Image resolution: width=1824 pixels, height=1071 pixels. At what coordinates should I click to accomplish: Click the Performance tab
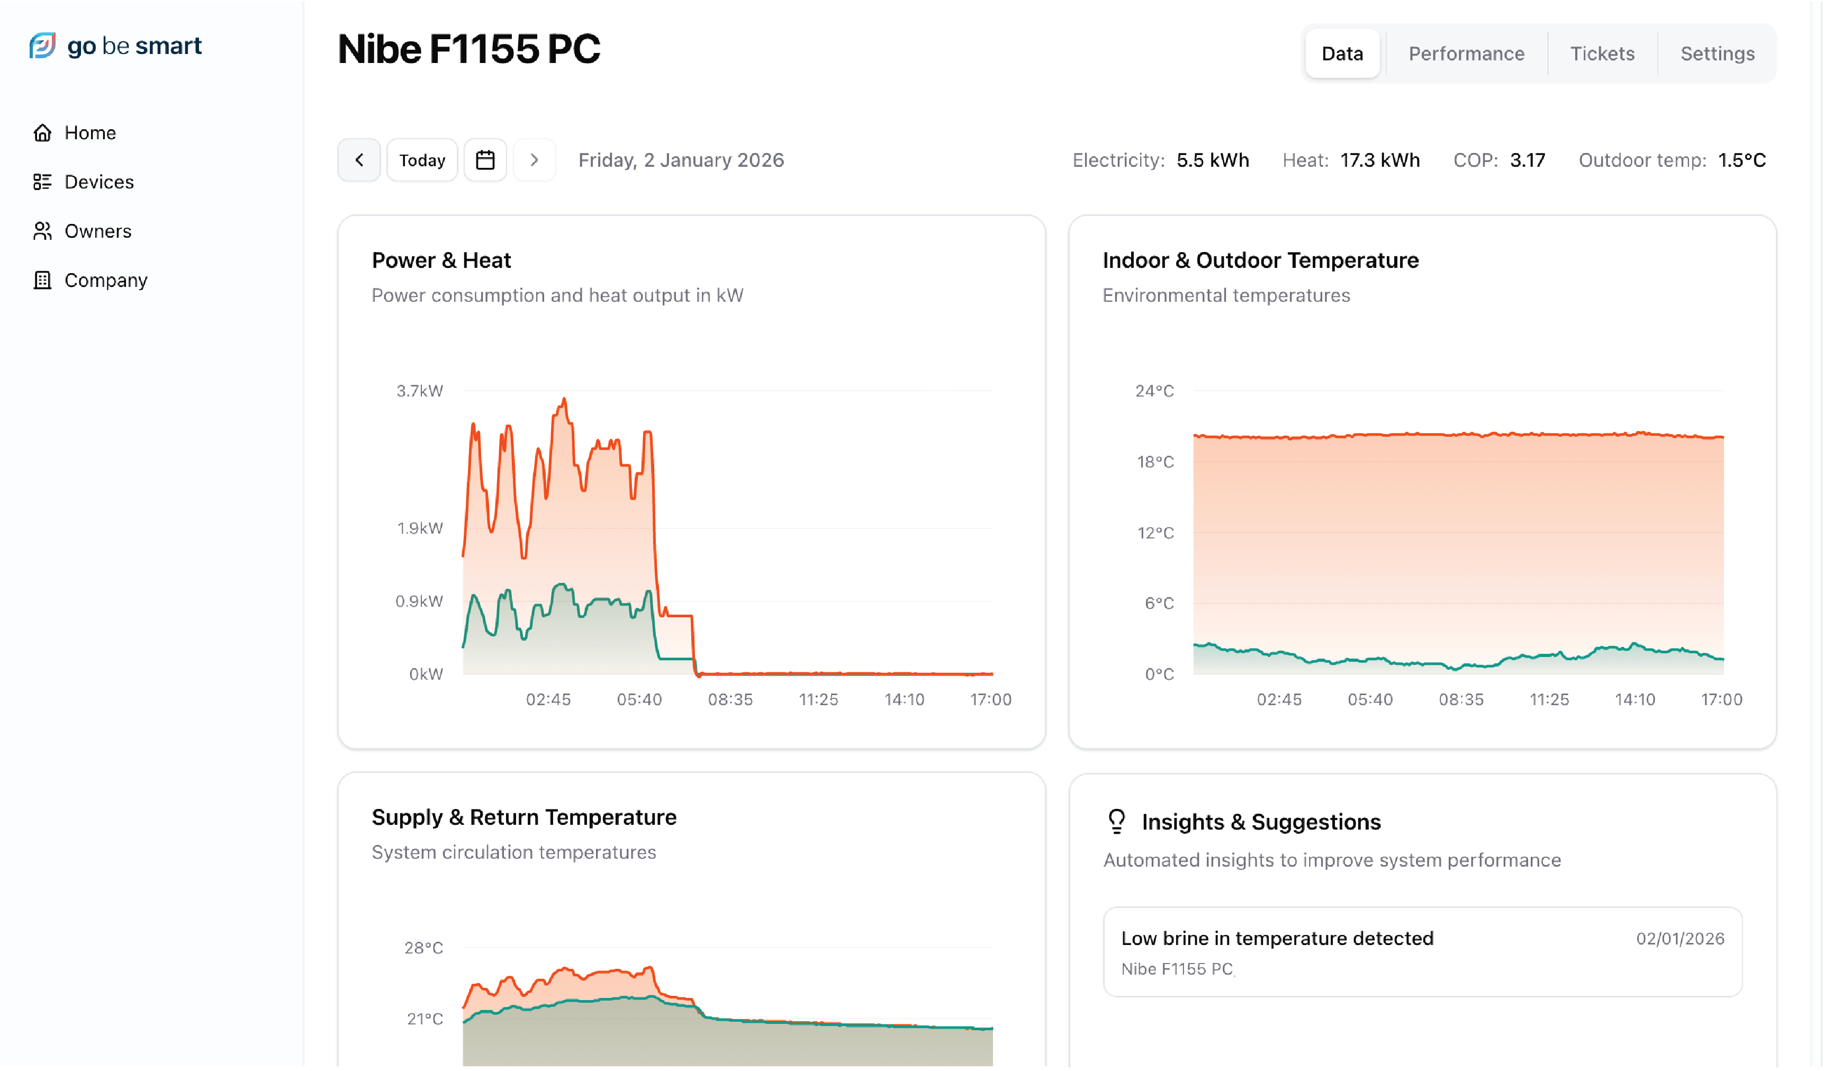pos(1466,53)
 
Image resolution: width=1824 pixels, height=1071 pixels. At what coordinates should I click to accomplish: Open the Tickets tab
pos(1602,53)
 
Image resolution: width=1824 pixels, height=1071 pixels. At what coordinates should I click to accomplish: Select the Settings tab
pos(1717,53)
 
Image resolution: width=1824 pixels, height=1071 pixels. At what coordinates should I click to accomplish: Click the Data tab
pos(1342,53)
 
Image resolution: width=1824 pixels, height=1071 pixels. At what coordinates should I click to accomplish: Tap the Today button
pos(422,160)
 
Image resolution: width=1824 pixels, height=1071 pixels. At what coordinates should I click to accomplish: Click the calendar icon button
pos(485,160)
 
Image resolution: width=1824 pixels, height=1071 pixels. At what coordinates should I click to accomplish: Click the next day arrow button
pos(534,160)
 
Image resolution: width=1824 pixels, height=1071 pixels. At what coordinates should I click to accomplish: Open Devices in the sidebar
pos(98,182)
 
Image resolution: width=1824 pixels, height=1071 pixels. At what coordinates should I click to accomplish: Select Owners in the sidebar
pos(98,231)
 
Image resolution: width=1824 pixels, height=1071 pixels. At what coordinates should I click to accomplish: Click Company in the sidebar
pos(106,280)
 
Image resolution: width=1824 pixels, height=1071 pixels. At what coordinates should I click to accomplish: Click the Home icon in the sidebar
pos(43,132)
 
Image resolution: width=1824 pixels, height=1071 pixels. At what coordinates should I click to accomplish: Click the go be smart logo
pos(116,46)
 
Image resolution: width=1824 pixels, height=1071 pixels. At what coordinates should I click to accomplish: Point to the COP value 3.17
pos(1527,160)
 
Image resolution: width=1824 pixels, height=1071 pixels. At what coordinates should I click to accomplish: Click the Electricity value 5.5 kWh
pos(1212,160)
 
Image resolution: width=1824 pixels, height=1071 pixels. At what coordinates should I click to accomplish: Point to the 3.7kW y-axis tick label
pos(419,391)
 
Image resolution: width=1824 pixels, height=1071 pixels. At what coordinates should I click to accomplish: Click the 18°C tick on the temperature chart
pos(1155,462)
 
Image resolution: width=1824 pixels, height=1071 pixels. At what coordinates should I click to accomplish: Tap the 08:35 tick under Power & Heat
pos(729,699)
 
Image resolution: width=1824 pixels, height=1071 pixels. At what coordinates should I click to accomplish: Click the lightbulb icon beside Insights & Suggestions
pos(1117,822)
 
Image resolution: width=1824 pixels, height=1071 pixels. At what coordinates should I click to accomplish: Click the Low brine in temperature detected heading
pos(1277,939)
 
